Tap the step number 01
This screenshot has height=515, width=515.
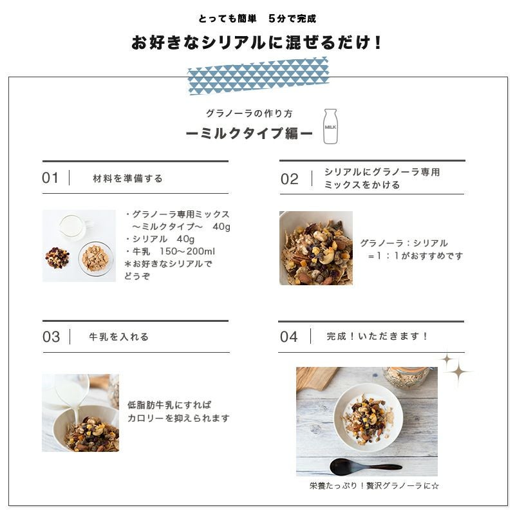pos(50,178)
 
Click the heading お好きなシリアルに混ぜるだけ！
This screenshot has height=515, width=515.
pos(257,43)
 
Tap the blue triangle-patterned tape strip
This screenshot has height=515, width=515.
pos(258,76)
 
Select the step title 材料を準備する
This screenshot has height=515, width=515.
pos(128,178)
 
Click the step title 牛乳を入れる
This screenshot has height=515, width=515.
pos(119,337)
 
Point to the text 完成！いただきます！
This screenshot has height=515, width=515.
pos(378,336)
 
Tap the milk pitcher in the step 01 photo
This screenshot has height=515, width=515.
pos(72,226)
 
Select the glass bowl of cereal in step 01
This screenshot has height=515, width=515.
pos(95,258)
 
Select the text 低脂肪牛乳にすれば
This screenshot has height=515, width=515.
pos(169,405)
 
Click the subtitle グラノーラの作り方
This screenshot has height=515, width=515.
pos(248,113)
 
